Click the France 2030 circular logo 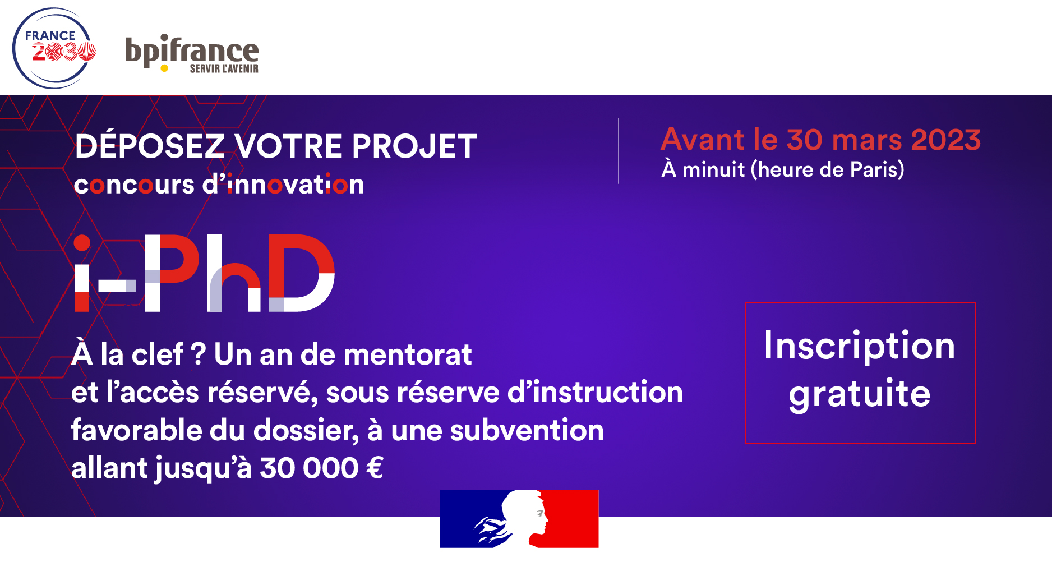pos(54,48)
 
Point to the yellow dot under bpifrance pos(164,68)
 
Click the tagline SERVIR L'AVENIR pos(224,69)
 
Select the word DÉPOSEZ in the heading pos(150,146)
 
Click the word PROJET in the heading pos(414,146)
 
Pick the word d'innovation pos(283,185)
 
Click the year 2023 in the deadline pos(945,140)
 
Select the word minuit pos(713,169)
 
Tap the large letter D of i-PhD pos(301,273)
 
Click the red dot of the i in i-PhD pos(82,243)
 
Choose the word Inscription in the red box pos(859,346)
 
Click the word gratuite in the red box pos(859,394)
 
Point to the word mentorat pos(408,355)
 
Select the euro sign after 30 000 pos(375,468)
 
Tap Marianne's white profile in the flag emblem pos(524,516)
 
